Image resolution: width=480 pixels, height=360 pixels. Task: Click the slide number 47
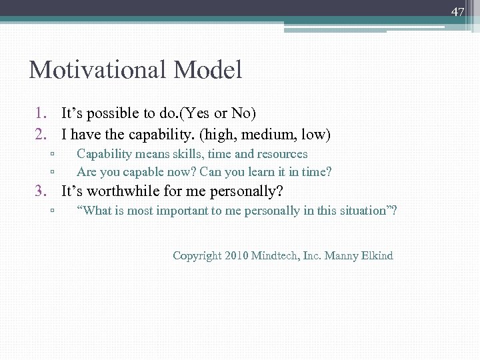point(457,11)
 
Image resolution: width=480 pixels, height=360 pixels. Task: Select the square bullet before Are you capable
point(51,173)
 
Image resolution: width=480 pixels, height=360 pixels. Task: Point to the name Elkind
point(375,255)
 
